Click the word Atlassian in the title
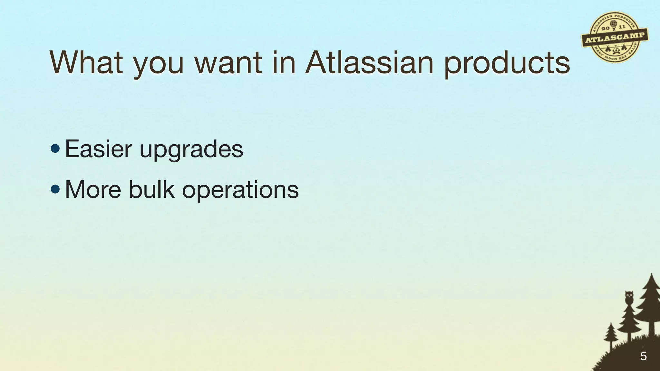[369, 62]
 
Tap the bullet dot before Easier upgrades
[55, 148]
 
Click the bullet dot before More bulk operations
[55, 189]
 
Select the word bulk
[151, 189]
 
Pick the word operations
[240, 191]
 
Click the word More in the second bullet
[93, 189]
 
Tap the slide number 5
[643, 356]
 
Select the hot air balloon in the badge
[613, 24]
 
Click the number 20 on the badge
[605, 29]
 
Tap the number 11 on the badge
[622, 26]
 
